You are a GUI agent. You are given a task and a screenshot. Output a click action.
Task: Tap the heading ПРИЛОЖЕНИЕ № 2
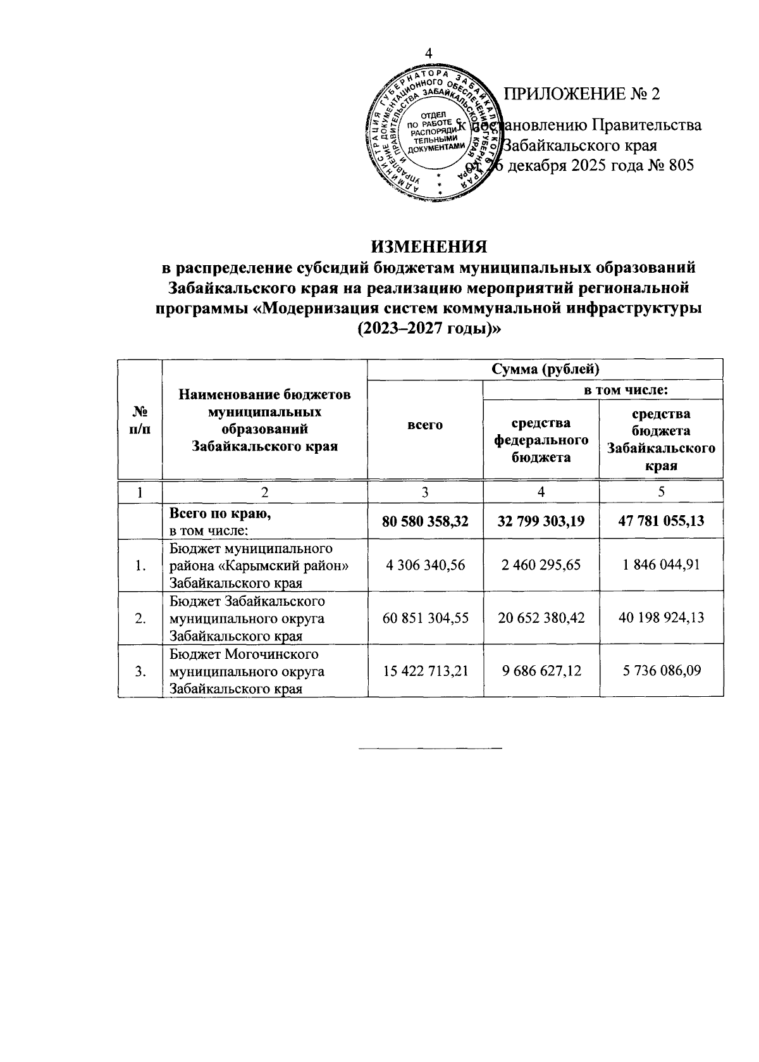tap(581, 94)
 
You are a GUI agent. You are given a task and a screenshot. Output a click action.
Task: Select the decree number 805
tap(681, 166)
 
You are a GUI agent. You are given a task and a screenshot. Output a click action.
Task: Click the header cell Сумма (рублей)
tap(545, 369)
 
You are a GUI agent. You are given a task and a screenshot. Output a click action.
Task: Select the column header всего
tap(425, 425)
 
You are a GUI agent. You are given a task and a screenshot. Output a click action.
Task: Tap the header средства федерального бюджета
tap(541, 439)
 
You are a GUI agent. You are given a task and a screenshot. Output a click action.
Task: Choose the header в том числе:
tap(603, 389)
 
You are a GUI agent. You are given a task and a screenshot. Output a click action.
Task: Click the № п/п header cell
tap(140, 419)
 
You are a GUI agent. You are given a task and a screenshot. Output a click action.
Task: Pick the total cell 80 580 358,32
tap(425, 521)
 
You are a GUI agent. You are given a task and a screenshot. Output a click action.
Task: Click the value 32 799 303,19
tap(541, 521)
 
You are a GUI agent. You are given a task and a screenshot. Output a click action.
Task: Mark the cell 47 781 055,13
tap(661, 521)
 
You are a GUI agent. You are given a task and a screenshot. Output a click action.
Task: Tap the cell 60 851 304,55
tap(425, 618)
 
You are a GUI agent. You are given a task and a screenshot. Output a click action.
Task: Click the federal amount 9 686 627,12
tap(541, 670)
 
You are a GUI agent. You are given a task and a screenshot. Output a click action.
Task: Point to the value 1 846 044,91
tap(661, 565)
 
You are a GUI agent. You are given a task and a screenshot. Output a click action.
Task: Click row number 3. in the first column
tap(140, 671)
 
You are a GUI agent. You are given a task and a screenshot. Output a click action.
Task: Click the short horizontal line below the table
tap(429, 749)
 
